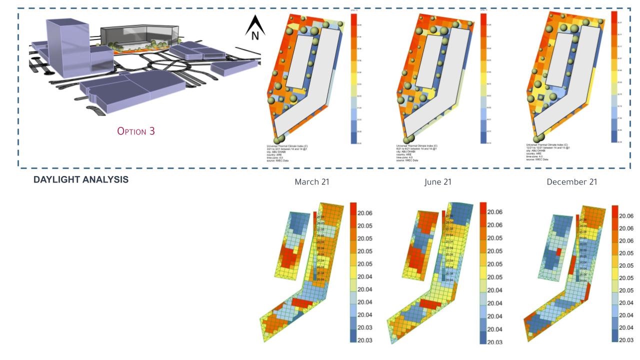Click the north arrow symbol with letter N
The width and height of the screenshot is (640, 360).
254,28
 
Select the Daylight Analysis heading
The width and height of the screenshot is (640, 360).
81,179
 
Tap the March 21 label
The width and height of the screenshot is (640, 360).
312,181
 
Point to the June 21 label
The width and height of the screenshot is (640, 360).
438,181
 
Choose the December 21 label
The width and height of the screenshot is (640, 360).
571,181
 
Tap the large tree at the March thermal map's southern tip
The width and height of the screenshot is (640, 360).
278,138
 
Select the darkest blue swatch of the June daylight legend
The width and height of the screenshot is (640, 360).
483,337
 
